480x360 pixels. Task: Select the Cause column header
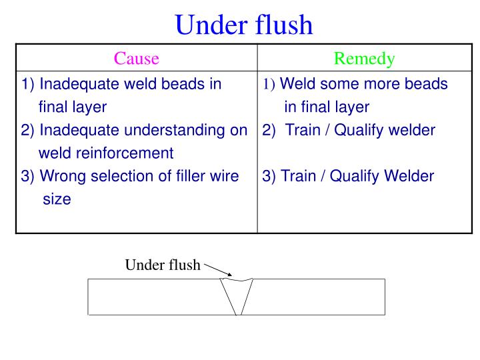click(136, 59)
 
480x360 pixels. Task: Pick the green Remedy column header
click(364, 59)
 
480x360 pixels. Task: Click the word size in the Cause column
click(57, 199)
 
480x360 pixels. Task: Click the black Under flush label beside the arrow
click(163, 265)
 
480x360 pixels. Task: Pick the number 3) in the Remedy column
click(270, 176)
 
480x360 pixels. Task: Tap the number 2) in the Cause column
click(29, 130)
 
